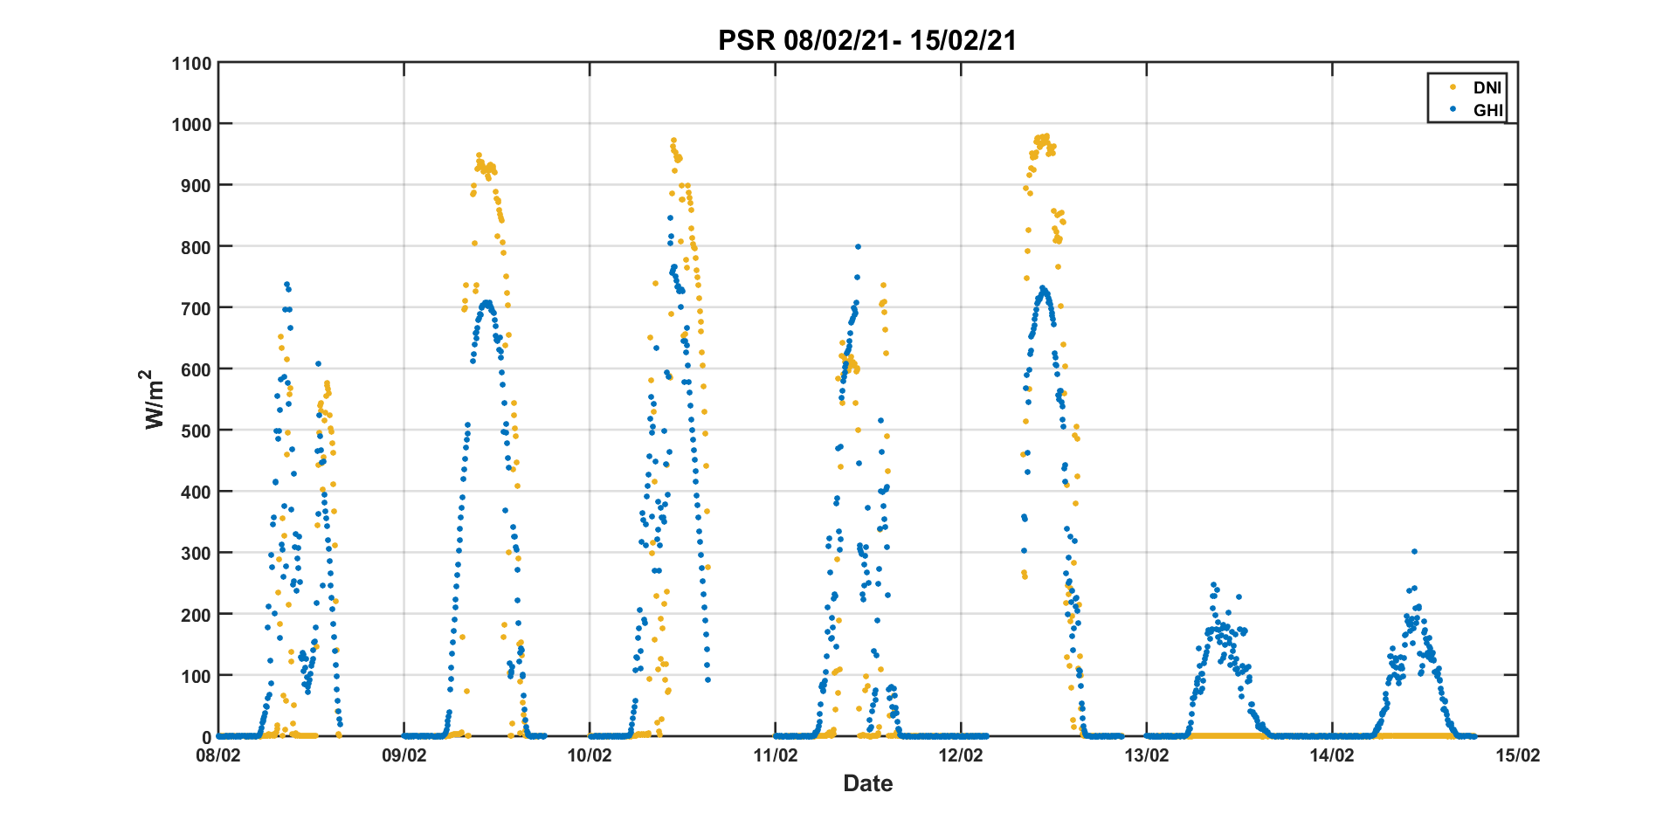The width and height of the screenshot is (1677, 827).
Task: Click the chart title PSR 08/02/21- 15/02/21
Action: click(867, 41)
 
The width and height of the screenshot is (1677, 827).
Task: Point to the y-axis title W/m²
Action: click(154, 399)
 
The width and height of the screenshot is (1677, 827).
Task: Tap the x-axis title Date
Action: click(867, 783)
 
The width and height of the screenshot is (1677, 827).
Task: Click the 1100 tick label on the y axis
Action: click(191, 63)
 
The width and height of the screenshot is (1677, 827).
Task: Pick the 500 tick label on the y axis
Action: click(195, 431)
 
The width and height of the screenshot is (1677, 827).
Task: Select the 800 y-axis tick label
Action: click(195, 247)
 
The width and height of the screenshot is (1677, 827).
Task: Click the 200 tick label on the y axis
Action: click(195, 615)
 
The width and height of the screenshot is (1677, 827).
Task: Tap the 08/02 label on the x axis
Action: click(218, 755)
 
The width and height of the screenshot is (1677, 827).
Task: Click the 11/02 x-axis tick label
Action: click(776, 755)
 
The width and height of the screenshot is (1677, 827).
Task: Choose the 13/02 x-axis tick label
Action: click(1147, 755)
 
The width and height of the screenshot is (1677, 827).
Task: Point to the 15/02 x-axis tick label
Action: click(1518, 755)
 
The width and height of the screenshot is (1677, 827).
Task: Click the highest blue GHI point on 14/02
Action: click(1414, 551)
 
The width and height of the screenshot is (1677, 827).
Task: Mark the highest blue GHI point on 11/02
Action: click(858, 247)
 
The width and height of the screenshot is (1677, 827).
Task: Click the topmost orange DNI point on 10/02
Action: click(673, 140)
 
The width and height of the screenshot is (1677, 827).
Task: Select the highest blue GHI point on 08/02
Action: click(286, 285)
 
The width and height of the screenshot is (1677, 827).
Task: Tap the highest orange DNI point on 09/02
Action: click(479, 155)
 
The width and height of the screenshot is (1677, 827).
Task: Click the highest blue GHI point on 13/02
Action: click(1213, 585)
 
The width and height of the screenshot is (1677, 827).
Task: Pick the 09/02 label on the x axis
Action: click(404, 755)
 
